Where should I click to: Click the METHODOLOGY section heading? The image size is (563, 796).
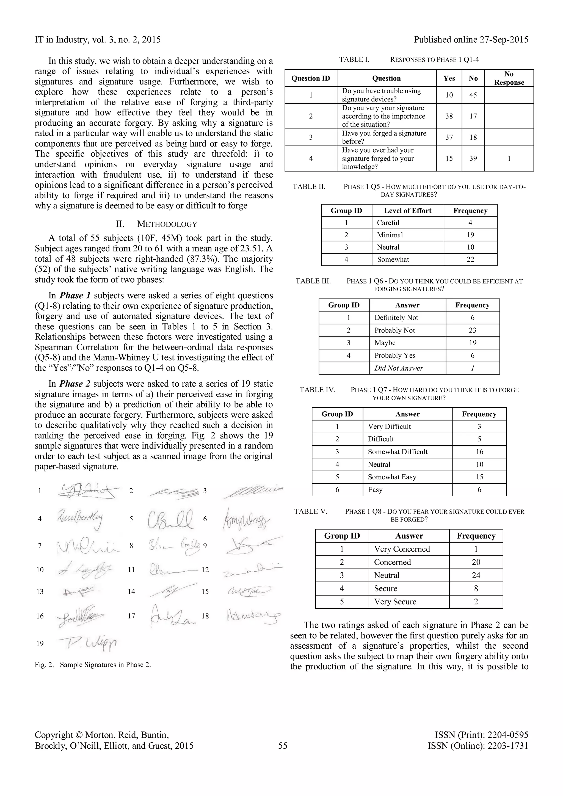point(167,224)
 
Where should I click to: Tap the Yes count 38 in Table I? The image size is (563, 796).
point(449,116)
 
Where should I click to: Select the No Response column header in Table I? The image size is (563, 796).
point(509,78)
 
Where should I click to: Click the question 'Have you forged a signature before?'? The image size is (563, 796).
point(384,137)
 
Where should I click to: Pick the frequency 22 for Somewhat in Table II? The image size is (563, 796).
point(470,259)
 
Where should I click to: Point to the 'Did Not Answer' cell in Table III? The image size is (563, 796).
point(399,368)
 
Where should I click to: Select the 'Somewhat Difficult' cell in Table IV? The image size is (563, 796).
point(398,452)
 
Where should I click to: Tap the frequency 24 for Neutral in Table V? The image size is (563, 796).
point(476,575)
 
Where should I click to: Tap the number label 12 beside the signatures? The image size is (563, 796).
point(205,570)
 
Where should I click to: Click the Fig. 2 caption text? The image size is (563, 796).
point(93,665)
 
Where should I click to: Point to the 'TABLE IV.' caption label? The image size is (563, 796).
point(317,390)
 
